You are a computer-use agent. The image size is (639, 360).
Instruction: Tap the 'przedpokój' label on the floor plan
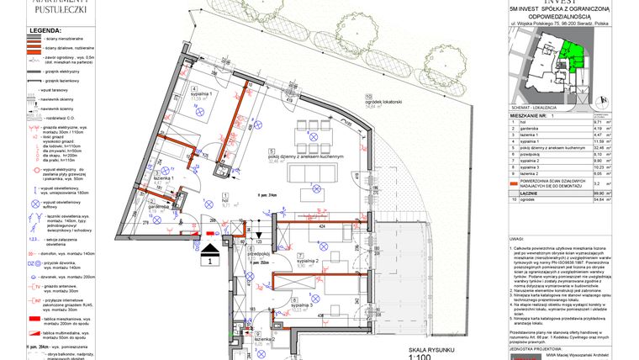point(258,252)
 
